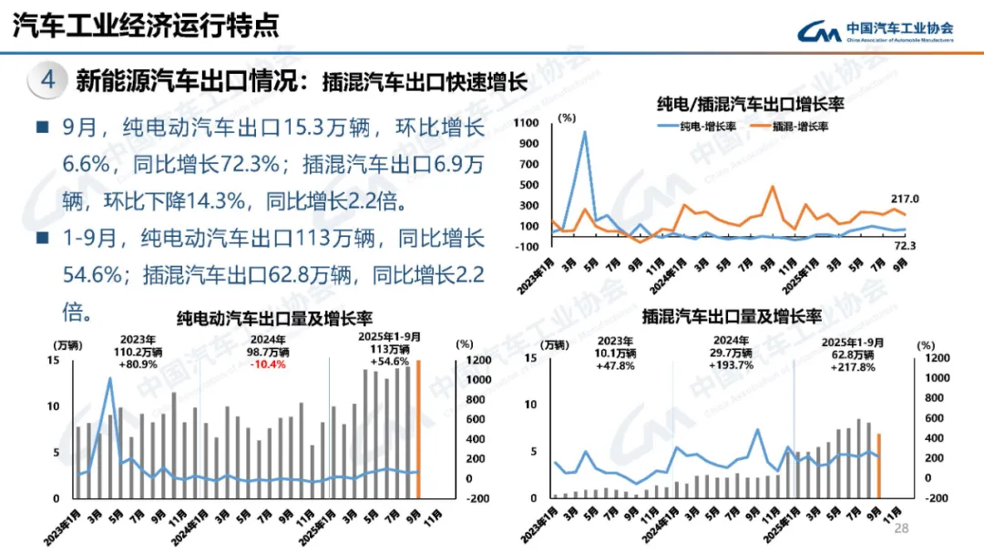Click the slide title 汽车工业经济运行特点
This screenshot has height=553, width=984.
click(x=146, y=25)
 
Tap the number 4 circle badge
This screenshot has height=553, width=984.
click(x=49, y=80)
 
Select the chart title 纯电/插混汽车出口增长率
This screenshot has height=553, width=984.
click(x=750, y=103)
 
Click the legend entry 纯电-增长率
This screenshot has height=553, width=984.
click(x=697, y=126)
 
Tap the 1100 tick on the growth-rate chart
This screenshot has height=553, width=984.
click(x=528, y=122)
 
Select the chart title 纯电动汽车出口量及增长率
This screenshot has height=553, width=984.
click(x=274, y=318)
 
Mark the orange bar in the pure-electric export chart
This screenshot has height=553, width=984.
click(x=418, y=430)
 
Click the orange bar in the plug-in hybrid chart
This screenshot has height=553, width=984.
click(x=878, y=466)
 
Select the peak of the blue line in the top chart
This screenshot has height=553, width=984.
click(x=584, y=133)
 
